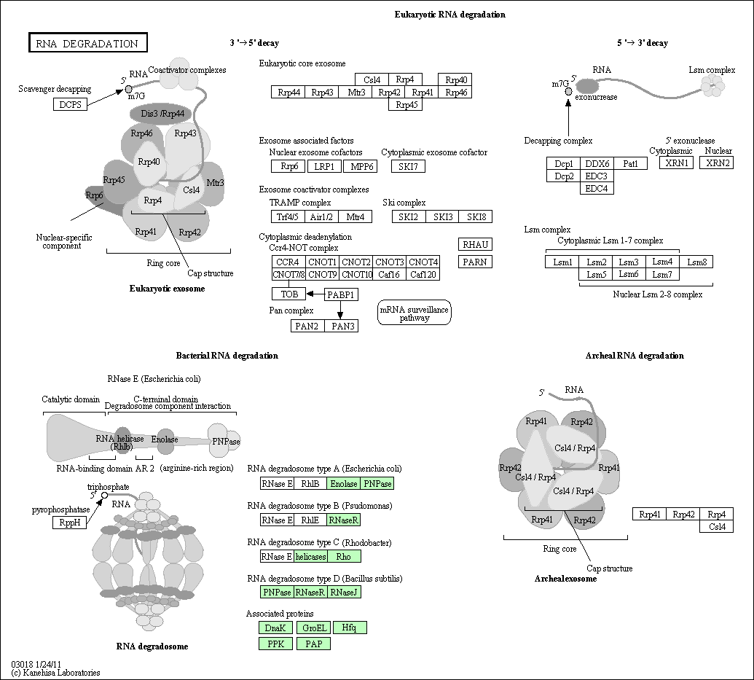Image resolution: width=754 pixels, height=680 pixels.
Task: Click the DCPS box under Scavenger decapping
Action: point(70,104)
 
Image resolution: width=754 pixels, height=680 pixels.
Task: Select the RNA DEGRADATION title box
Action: point(88,42)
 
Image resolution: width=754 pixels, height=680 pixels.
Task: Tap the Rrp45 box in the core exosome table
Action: point(405,104)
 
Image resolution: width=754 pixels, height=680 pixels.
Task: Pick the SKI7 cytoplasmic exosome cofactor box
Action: point(408,166)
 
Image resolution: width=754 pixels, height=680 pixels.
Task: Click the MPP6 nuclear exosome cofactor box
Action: point(361,166)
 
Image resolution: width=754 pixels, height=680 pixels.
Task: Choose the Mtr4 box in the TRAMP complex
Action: point(356,217)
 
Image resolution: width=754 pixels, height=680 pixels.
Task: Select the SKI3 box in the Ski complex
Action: point(442,217)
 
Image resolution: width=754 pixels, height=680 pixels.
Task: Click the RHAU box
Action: point(475,244)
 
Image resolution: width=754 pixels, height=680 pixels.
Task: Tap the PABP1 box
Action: point(341,294)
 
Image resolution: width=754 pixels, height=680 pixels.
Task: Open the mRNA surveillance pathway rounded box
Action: point(415,313)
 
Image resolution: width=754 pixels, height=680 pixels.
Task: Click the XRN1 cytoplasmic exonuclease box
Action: point(677,163)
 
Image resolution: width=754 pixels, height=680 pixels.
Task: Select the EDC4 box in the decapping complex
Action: point(597,189)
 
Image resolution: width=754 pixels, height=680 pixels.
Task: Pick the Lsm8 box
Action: point(696,262)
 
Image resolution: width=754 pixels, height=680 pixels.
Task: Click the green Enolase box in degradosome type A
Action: point(343,484)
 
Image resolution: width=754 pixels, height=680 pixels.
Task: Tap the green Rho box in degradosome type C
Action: point(343,556)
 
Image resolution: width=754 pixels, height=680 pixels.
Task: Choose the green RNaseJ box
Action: point(343,592)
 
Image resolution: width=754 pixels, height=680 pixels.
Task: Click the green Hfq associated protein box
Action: point(350,628)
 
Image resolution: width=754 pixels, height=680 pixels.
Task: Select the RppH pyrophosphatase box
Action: point(70,522)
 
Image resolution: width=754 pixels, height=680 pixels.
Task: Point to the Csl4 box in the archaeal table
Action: point(717,526)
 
